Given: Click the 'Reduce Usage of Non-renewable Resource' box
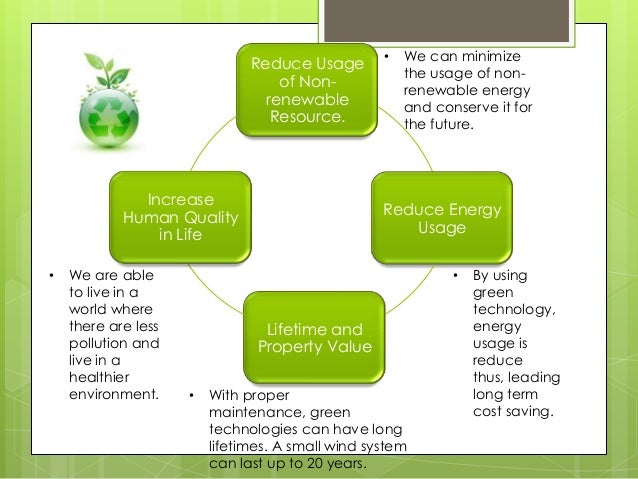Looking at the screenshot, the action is tap(307, 91).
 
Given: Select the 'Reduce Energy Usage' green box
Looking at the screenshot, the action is tap(442, 219).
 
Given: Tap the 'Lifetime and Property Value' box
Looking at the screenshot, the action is tap(315, 338).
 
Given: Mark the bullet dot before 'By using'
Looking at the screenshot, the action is tap(453, 275).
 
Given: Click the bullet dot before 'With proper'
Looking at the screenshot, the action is tap(192, 395).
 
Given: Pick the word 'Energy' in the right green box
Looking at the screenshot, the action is tap(473, 210).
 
